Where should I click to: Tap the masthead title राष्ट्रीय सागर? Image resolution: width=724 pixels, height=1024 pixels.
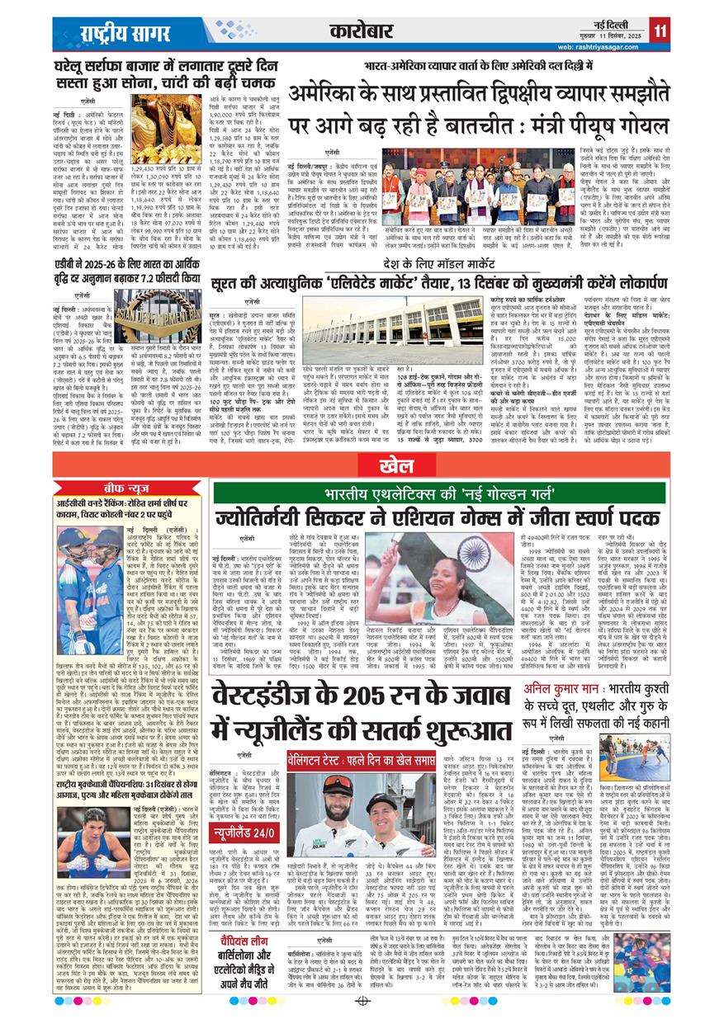click(115, 32)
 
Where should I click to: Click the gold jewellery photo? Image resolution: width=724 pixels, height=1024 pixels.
click(165, 129)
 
